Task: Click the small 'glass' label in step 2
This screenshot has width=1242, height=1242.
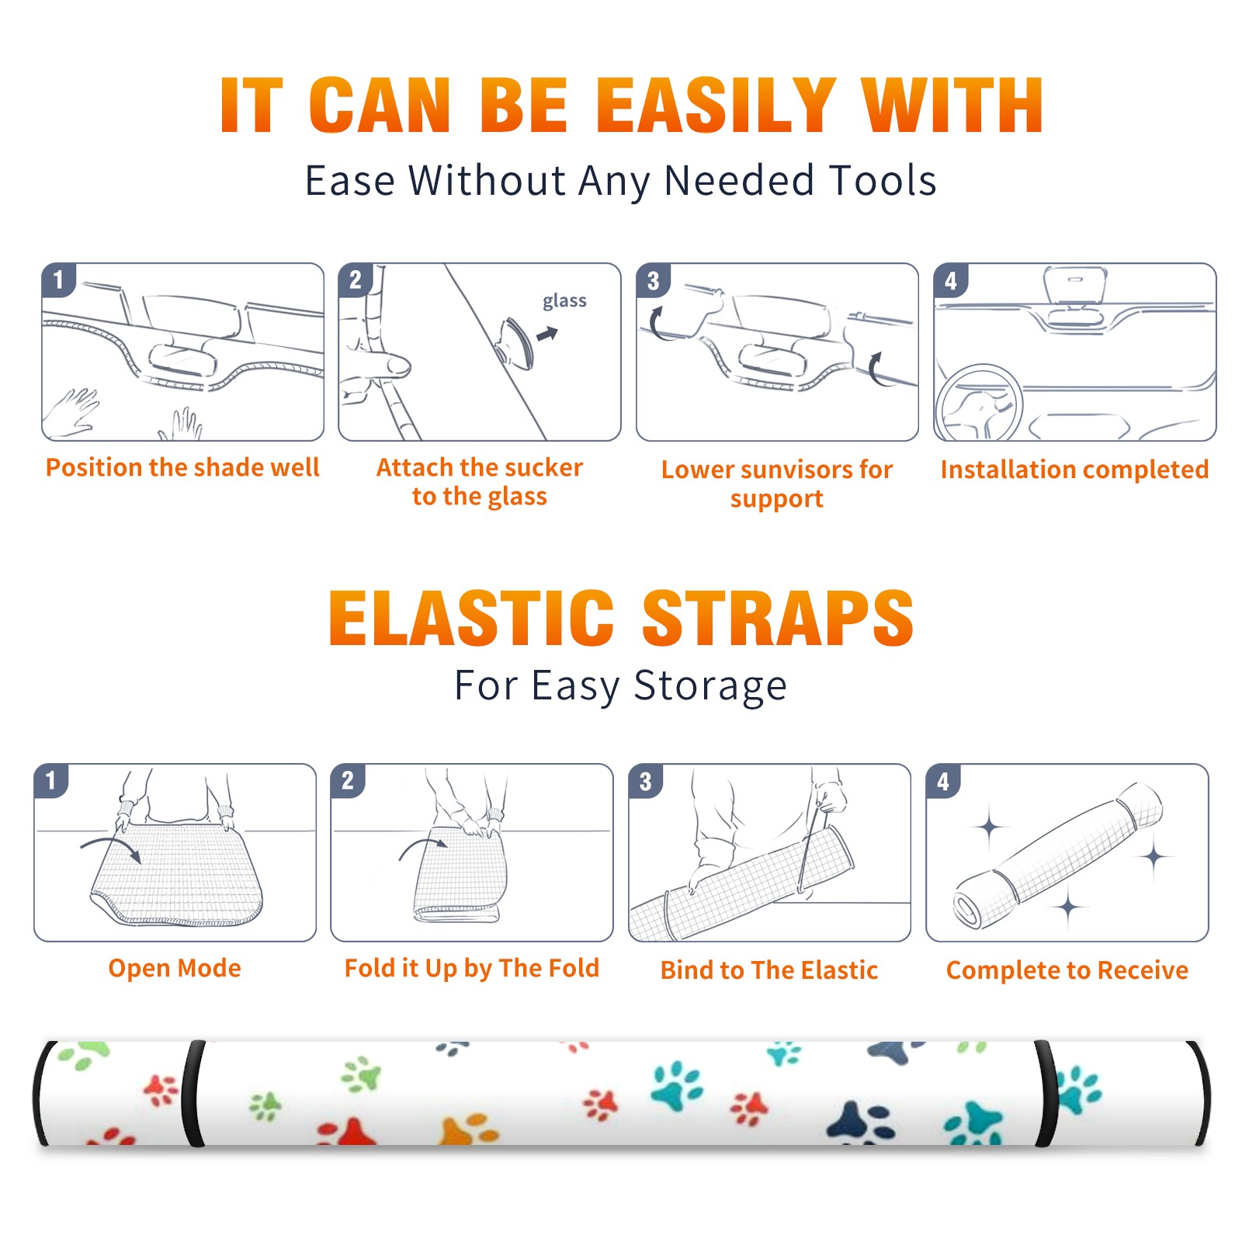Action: pyautogui.click(x=564, y=301)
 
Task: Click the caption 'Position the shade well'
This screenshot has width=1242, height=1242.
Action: pyautogui.click(x=182, y=467)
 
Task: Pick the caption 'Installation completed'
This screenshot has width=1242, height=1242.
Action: pyautogui.click(x=1074, y=470)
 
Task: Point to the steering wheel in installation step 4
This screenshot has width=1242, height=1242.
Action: pyautogui.click(x=978, y=404)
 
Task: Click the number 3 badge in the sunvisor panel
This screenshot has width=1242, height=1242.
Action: pyautogui.click(x=653, y=280)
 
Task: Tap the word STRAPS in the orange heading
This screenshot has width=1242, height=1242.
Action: pyautogui.click(x=778, y=618)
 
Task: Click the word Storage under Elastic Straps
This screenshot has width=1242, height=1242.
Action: pyautogui.click(x=710, y=686)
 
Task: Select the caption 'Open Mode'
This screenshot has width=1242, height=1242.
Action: pyautogui.click(x=175, y=968)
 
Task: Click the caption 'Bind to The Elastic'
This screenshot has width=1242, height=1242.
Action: pyautogui.click(x=769, y=970)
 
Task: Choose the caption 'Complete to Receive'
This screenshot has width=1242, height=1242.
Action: pyautogui.click(x=1067, y=970)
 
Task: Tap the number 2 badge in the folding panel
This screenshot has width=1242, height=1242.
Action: pyautogui.click(x=348, y=780)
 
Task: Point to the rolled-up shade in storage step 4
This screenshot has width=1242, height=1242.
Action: pyautogui.click(x=1057, y=857)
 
